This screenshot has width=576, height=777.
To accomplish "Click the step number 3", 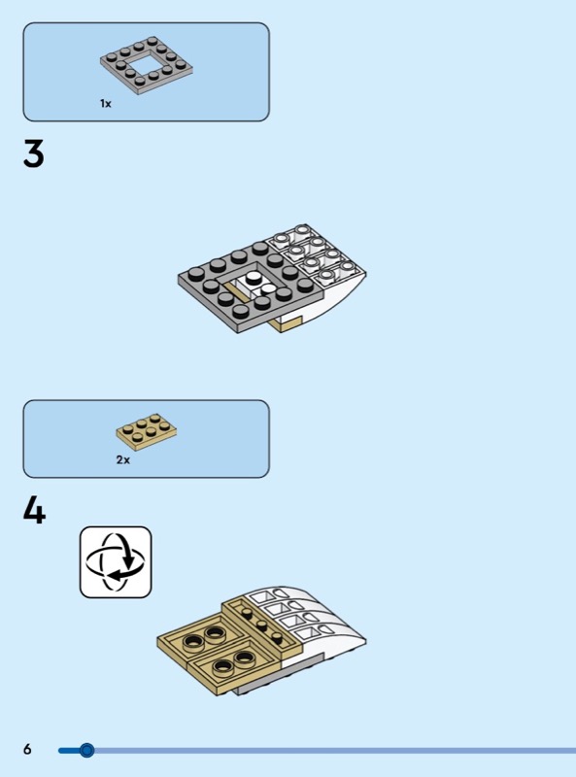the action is click(x=34, y=153).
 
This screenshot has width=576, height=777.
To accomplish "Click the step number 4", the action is click(x=34, y=511).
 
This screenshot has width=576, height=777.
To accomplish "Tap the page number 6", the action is click(x=27, y=749).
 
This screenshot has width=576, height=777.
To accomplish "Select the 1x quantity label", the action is click(x=106, y=104).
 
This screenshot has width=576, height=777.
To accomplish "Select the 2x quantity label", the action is click(x=123, y=459).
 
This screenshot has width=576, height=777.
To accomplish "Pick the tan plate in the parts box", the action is click(x=147, y=432).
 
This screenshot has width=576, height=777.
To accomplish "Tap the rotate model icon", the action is click(x=116, y=562).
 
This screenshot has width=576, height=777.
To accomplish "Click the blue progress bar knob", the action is click(x=86, y=750).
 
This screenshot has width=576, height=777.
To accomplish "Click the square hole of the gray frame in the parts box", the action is click(x=147, y=64).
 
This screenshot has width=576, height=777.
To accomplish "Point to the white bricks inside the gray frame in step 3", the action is click(x=256, y=284).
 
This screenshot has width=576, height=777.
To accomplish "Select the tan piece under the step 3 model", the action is click(x=285, y=323).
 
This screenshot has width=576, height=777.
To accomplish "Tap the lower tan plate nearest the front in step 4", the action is click(x=233, y=666).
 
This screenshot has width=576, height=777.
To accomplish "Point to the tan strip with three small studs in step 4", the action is click(x=261, y=625).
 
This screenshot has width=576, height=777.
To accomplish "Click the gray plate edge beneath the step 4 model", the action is click(x=278, y=678).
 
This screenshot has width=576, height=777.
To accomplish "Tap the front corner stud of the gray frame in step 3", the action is click(x=241, y=311).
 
